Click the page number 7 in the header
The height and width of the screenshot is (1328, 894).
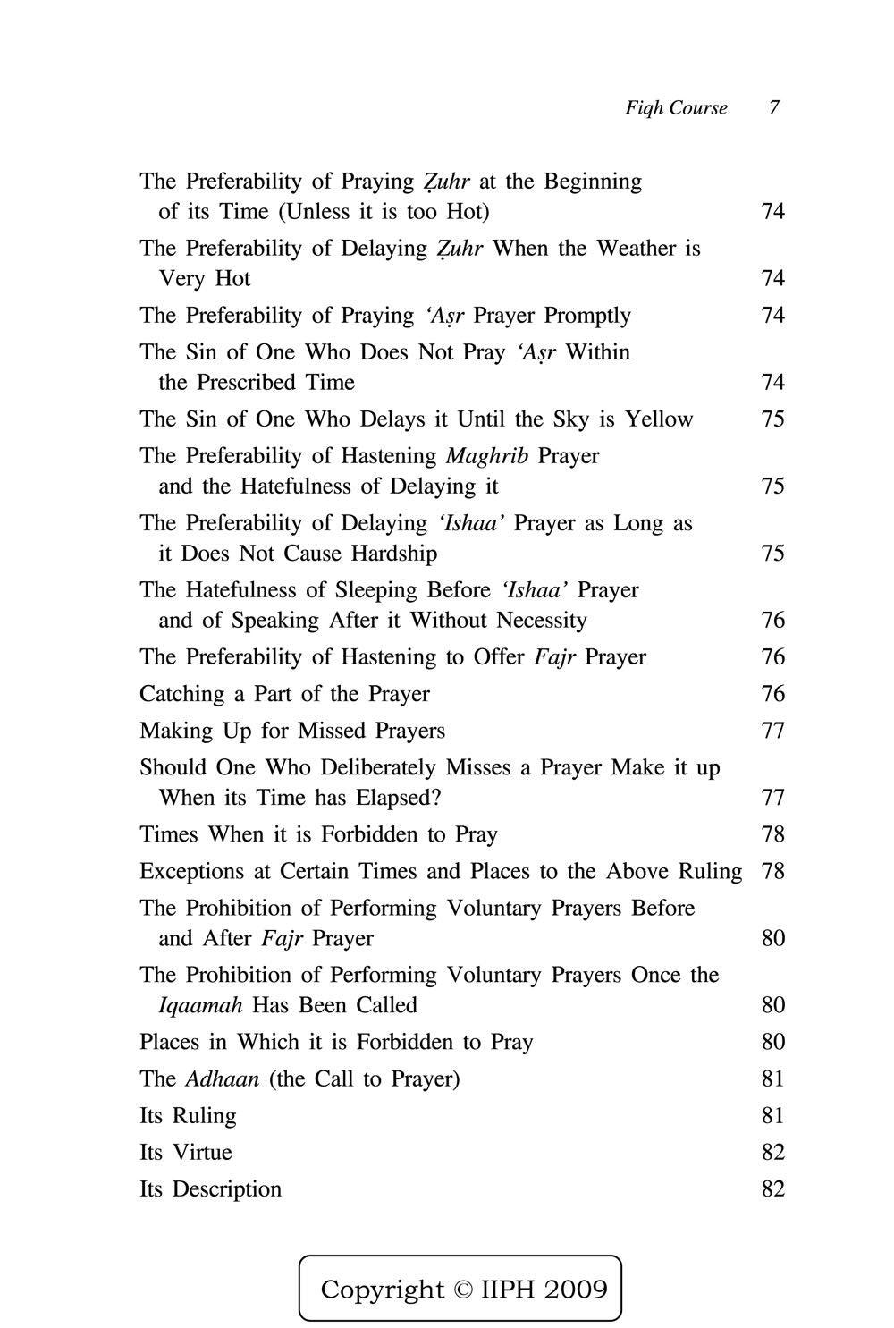point(773,108)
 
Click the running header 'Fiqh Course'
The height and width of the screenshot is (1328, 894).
point(676,108)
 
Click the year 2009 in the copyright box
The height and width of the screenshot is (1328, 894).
point(575,1290)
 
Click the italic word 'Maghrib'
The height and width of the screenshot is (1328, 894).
point(487,456)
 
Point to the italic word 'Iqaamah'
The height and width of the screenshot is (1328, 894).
point(200,1005)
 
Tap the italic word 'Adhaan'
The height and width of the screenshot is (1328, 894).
point(223,1078)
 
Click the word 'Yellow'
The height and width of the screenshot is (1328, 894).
point(659,419)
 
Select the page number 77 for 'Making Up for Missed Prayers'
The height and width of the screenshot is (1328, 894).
point(772,731)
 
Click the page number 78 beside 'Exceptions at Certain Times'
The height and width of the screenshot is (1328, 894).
point(772,871)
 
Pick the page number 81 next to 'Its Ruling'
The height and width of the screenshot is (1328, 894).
point(772,1115)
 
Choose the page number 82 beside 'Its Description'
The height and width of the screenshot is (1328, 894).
point(772,1188)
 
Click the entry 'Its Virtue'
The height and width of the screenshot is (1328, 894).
point(185,1152)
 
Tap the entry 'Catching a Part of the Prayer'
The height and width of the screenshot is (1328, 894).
point(284,694)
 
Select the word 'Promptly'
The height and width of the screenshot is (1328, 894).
point(587,316)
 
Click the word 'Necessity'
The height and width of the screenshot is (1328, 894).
point(542,621)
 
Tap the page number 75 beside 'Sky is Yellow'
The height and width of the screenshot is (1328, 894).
point(772,419)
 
